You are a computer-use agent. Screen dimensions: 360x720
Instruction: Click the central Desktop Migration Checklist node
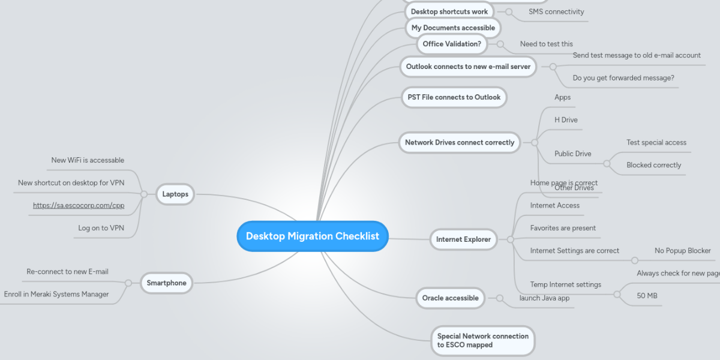click(312, 236)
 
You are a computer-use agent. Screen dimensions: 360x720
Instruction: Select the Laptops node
click(175, 194)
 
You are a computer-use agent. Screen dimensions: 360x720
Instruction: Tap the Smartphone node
click(167, 283)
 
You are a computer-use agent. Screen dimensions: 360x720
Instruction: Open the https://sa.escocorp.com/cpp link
click(79, 205)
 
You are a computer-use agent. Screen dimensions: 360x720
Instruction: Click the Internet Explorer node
click(463, 239)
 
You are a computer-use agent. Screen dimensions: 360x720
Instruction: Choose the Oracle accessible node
click(450, 298)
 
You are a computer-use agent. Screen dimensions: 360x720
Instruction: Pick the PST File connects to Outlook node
click(454, 97)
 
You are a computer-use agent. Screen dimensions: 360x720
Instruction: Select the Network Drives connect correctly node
click(459, 143)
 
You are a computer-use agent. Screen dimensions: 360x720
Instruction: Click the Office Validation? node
click(451, 44)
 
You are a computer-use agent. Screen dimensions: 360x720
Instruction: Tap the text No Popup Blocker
click(682, 251)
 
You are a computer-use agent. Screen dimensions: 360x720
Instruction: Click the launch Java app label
click(544, 298)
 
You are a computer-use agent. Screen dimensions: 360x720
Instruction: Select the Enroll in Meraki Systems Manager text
click(56, 294)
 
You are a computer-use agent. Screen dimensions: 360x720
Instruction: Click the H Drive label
click(566, 120)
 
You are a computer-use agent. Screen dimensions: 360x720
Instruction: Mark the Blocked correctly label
click(653, 165)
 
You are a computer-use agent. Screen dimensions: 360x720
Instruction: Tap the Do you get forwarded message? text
click(623, 78)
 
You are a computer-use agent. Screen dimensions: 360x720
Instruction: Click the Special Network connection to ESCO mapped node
click(482, 341)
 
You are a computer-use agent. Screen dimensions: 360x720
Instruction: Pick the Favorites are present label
click(563, 228)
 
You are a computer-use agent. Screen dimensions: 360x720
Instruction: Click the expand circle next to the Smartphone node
click(128, 283)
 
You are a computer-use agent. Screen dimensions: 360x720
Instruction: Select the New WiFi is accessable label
click(88, 160)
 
